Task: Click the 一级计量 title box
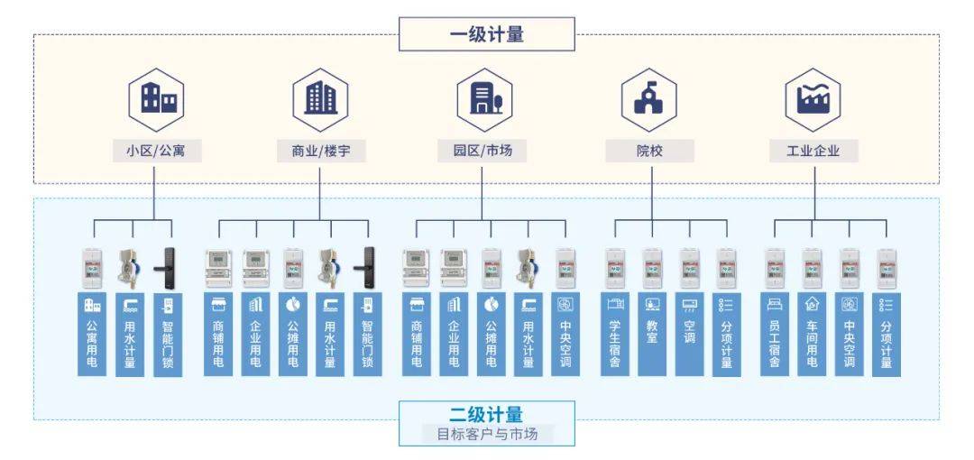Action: pyautogui.click(x=486, y=34)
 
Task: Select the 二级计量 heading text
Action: pyautogui.click(x=486, y=415)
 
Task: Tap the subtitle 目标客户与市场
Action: pyautogui.click(x=486, y=435)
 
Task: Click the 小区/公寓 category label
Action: pyautogui.click(x=155, y=151)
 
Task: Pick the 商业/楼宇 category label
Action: pyautogui.click(x=320, y=151)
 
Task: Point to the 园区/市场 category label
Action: pyautogui.click(x=482, y=151)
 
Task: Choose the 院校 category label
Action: pyautogui.click(x=649, y=151)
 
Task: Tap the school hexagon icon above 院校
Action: pyautogui.click(x=649, y=100)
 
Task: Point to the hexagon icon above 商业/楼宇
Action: pyautogui.click(x=320, y=100)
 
